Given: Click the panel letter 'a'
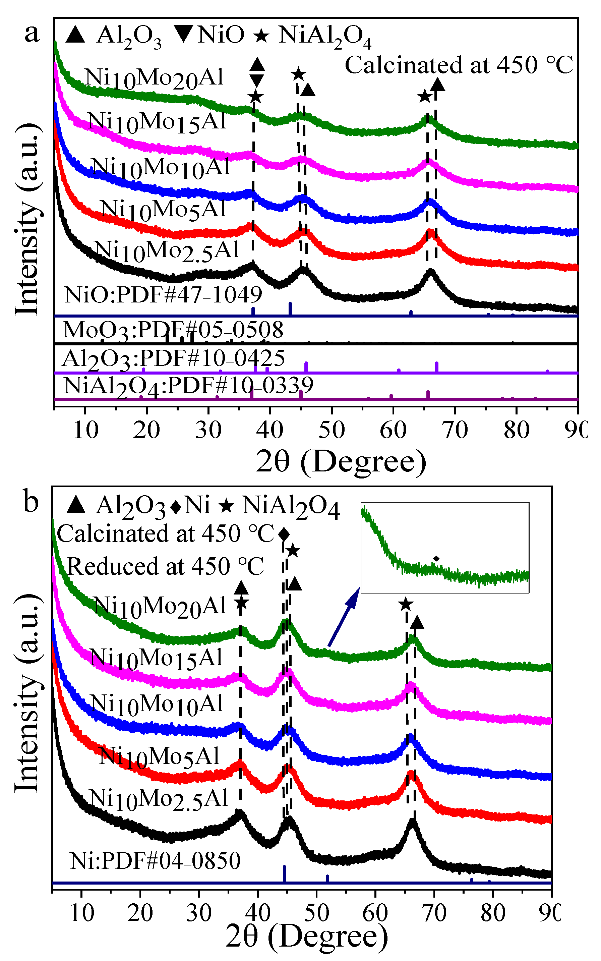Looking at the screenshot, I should [x=32, y=33].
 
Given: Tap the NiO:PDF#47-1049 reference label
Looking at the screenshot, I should [x=163, y=295].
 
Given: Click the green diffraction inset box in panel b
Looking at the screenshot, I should [x=445, y=548].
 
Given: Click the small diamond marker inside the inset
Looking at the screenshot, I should [x=436, y=559].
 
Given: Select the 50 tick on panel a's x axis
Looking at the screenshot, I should [x=331, y=430].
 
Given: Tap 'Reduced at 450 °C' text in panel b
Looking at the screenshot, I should [x=165, y=566].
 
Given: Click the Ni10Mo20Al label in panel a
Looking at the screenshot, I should [x=154, y=78].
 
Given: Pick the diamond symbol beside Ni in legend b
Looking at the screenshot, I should [x=175, y=507].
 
